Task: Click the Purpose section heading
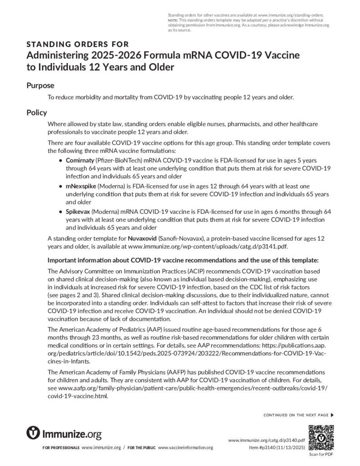(x=40, y=85)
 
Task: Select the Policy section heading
(x=36, y=112)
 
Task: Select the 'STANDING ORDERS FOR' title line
(x=77, y=44)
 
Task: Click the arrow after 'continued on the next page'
(x=332, y=415)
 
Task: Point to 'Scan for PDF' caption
(x=321, y=454)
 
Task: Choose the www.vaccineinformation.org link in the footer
(x=185, y=448)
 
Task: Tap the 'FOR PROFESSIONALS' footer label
(x=61, y=448)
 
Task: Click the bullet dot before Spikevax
(x=61, y=212)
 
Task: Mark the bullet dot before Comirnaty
(x=61, y=162)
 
